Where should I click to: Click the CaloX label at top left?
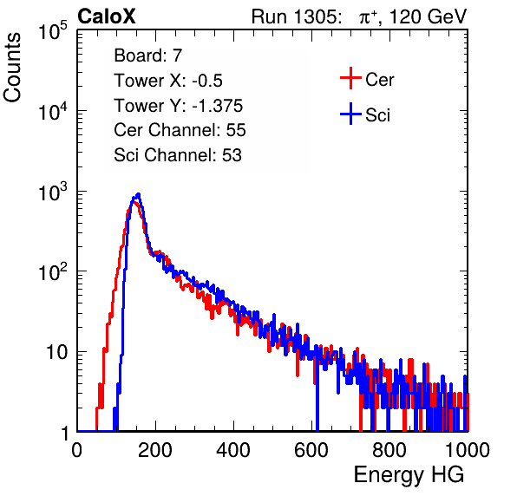tap(107, 16)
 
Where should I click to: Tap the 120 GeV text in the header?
tap(429, 16)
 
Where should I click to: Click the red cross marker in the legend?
tap(350, 78)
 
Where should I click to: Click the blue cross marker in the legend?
tap(350, 114)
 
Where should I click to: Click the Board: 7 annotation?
tap(148, 55)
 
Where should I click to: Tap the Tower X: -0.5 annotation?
tap(168, 81)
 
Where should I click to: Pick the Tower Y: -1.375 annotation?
tap(179, 106)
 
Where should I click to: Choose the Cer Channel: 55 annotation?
tap(180, 130)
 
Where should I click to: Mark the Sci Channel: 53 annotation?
tap(178, 155)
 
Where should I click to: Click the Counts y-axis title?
tap(12, 68)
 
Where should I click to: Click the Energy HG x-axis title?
tap(409, 475)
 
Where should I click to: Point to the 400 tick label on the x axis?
tap(233, 450)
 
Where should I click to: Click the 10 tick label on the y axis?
tap(57, 353)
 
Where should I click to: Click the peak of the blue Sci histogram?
tap(139, 194)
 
